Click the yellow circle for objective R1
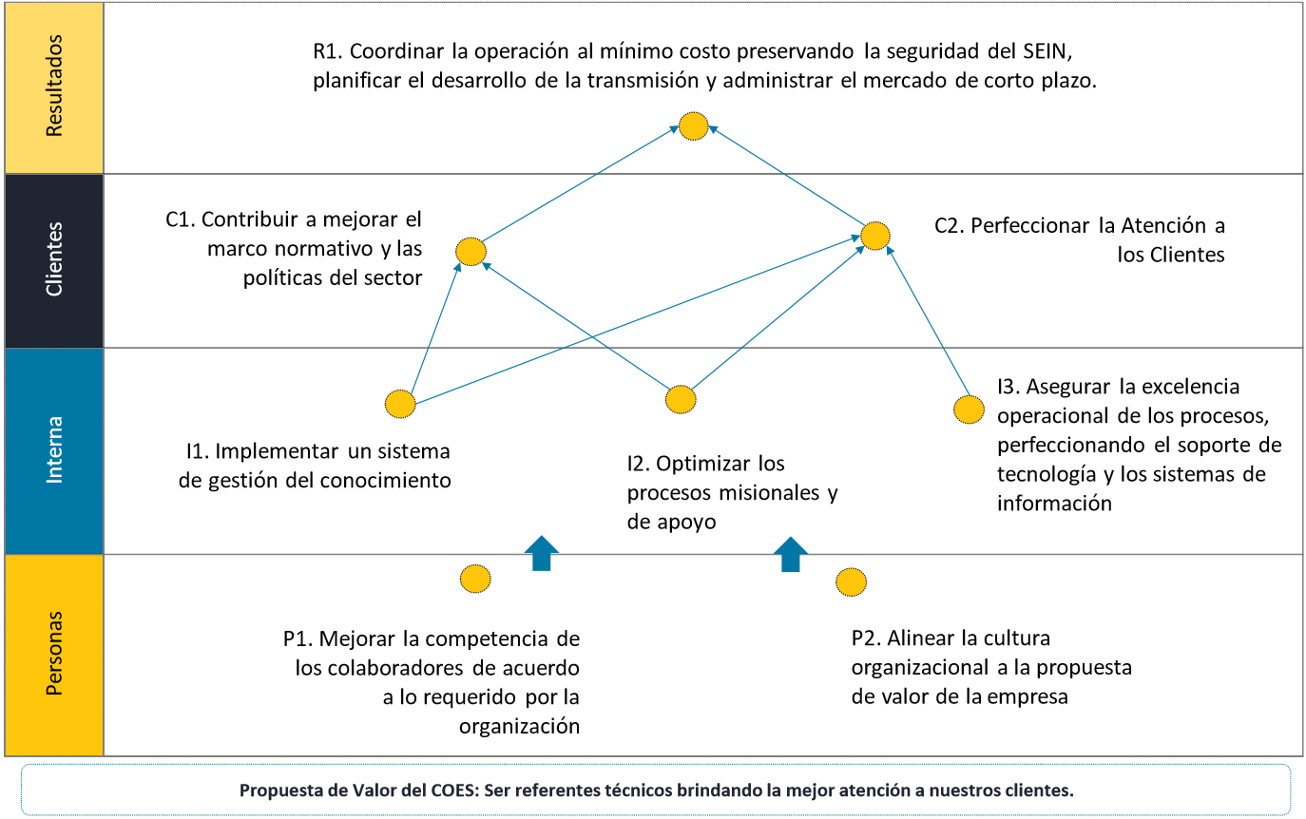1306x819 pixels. (693, 126)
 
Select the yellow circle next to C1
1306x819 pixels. (471, 252)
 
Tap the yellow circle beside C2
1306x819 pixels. (875, 236)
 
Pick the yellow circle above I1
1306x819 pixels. (400, 404)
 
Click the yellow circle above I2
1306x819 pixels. (681, 399)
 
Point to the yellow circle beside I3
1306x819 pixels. (969, 409)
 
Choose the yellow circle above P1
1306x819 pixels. (475, 579)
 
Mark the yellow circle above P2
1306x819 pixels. (851, 581)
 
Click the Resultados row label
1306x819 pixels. (53, 86)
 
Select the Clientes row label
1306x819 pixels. (53, 259)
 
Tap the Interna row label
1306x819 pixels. (53, 450)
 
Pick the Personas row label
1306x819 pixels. (53, 654)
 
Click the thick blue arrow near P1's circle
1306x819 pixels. (541, 553)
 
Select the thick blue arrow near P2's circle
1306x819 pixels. (790, 554)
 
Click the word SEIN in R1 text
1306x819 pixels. (1047, 51)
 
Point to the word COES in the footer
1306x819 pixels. (454, 790)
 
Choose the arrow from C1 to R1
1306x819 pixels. (580, 183)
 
